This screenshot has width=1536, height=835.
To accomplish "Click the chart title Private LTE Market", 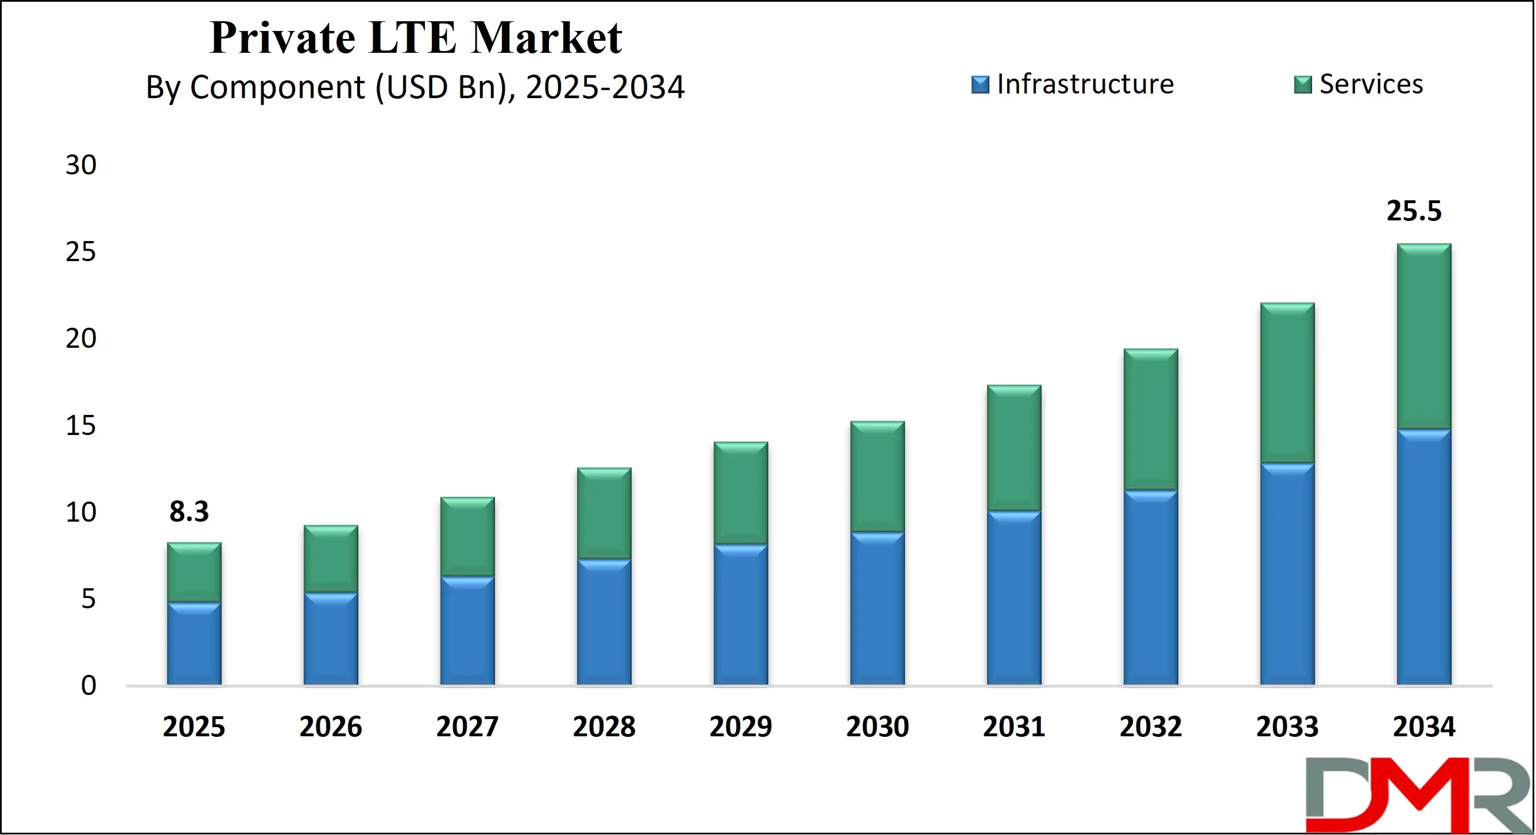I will pyautogui.click(x=416, y=38).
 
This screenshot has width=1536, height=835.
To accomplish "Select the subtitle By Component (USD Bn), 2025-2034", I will pyautogui.click(x=415, y=87).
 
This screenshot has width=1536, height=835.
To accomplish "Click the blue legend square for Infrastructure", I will pyautogui.click(x=980, y=84).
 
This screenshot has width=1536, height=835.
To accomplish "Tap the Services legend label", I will pyautogui.click(x=1370, y=84).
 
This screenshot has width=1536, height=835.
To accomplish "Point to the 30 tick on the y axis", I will pyautogui.click(x=80, y=165).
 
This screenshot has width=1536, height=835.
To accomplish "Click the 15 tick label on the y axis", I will pyautogui.click(x=80, y=426).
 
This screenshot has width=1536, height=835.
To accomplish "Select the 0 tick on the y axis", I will pyautogui.click(x=88, y=685).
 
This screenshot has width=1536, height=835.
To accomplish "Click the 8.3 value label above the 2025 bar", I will pyautogui.click(x=189, y=511).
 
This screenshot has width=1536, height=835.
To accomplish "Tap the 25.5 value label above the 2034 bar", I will pyautogui.click(x=1414, y=211).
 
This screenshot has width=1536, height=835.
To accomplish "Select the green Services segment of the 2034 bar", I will pyautogui.click(x=1424, y=337).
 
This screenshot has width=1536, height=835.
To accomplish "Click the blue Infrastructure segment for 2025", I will pyautogui.click(x=194, y=644).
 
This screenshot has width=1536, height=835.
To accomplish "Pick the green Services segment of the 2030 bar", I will pyautogui.click(x=877, y=477).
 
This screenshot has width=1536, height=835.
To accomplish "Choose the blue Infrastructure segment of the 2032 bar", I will pyautogui.click(x=1150, y=587).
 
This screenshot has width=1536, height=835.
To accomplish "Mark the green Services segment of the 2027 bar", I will pyautogui.click(x=467, y=537).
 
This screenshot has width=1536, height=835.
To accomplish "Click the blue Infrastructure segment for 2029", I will pyautogui.click(x=741, y=614).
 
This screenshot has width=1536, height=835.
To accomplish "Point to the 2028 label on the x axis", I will pyautogui.click(x=604, y=727).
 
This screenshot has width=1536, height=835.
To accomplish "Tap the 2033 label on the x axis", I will pyautogui.click(x=1287, y=727).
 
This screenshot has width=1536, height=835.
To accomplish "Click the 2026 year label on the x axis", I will pyautogui.click(x=330, y=727).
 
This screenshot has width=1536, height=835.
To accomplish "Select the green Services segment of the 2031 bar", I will pyautogui.click(x=1013, y=448).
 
